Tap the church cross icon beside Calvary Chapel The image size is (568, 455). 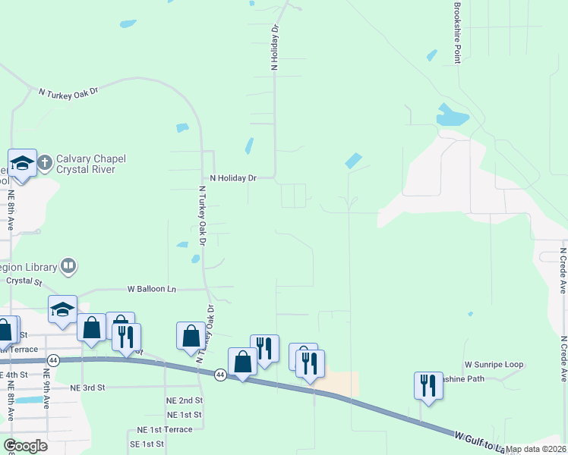[45, 162]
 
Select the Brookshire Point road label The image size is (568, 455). [457, 32]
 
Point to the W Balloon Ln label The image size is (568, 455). [151, 289]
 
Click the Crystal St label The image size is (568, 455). [24, 280]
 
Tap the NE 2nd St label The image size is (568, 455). [185, 400]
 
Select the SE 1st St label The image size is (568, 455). [147, 444]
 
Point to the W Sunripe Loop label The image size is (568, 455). [494, 365]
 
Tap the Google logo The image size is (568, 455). [25, 446]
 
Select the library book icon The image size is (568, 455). [68, 265]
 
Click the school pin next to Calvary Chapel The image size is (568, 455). [22, 163]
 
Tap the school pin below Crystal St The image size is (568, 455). [62, 309]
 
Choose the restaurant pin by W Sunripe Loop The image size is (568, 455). [428, 387]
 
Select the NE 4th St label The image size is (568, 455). [16, 375]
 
